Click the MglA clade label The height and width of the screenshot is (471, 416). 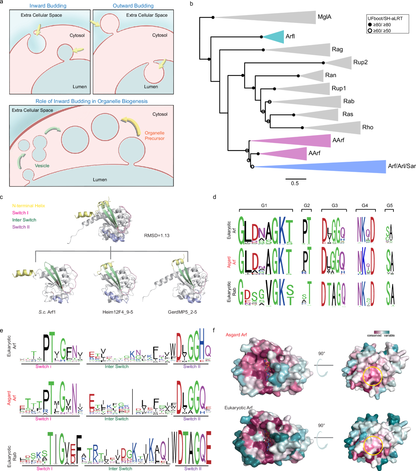324,17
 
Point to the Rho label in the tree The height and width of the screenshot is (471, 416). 367,127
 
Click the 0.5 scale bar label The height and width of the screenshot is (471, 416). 295,183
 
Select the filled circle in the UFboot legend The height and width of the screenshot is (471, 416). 370,25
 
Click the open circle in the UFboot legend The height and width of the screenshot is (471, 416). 370,31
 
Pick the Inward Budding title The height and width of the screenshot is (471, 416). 48,6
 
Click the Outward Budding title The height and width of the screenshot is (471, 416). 133,6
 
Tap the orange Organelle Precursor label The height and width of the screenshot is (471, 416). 155,135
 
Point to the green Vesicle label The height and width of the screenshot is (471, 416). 42,166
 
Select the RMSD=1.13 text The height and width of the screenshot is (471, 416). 157,235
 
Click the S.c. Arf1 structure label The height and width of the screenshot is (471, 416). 47,312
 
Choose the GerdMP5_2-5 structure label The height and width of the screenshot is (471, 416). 182,312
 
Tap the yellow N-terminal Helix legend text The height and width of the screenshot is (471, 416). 28,206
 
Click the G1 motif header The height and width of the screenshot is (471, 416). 264,206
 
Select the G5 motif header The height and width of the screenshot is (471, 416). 390,206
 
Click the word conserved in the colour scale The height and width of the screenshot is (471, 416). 374,336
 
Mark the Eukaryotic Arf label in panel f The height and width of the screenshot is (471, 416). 239,407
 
